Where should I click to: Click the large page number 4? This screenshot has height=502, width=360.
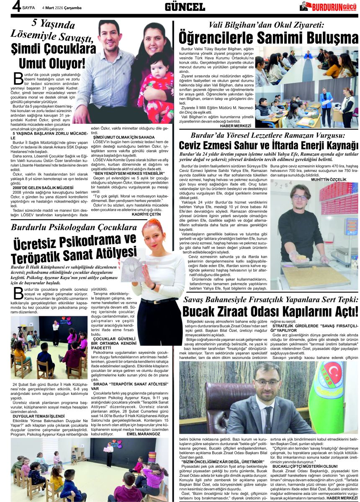(x=16, y=7)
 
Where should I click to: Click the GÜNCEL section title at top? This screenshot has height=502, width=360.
(x=185, y=7)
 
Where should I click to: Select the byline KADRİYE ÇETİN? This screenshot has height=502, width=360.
(x=146, y=214)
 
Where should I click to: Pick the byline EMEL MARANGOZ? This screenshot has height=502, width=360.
(x=144, y=434)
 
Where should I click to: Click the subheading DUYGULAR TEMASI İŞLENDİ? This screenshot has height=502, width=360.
(x=39, y=416)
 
